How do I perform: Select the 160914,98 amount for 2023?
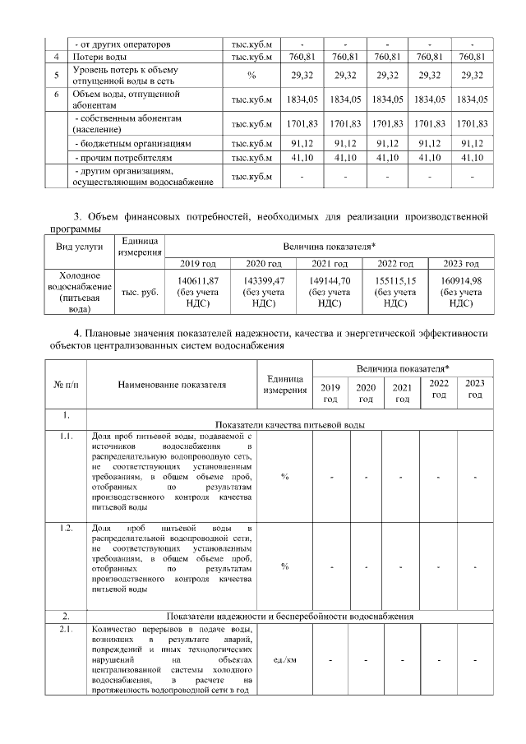click(x=461, y=280)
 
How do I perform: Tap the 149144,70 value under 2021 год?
click(x=327, y=280)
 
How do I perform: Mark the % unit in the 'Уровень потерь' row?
click(x=251, y=76)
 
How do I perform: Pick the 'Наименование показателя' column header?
click(x=172, y=383)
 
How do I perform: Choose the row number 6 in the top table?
click(x=55, y=95)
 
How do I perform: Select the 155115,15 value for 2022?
click(x=394, y=280)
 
